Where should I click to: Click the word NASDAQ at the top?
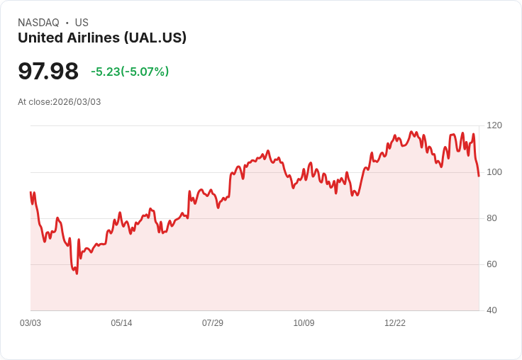(38, 23)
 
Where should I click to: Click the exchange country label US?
(82, 23)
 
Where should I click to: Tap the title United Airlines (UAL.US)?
(102, 38)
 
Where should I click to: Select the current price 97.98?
(48, 72)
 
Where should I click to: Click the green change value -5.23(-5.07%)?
(130, 72)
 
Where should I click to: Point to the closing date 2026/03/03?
(77, 102)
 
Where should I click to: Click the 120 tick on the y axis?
(494, 125)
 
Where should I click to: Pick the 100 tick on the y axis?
(494, 171)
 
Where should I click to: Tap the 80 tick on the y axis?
(492, 218)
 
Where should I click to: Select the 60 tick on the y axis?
(492, 264)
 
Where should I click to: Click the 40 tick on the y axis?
(492, 310)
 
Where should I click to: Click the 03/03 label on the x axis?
(30, 323)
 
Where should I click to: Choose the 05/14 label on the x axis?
(121, 323)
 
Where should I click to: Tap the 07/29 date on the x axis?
(213, 323)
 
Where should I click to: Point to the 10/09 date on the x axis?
(304, 323)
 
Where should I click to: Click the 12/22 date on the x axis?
(395, 323)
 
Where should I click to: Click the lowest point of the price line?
(77, 274)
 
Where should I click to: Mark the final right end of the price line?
(479, 176)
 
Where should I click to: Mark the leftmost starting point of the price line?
(30, 192)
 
